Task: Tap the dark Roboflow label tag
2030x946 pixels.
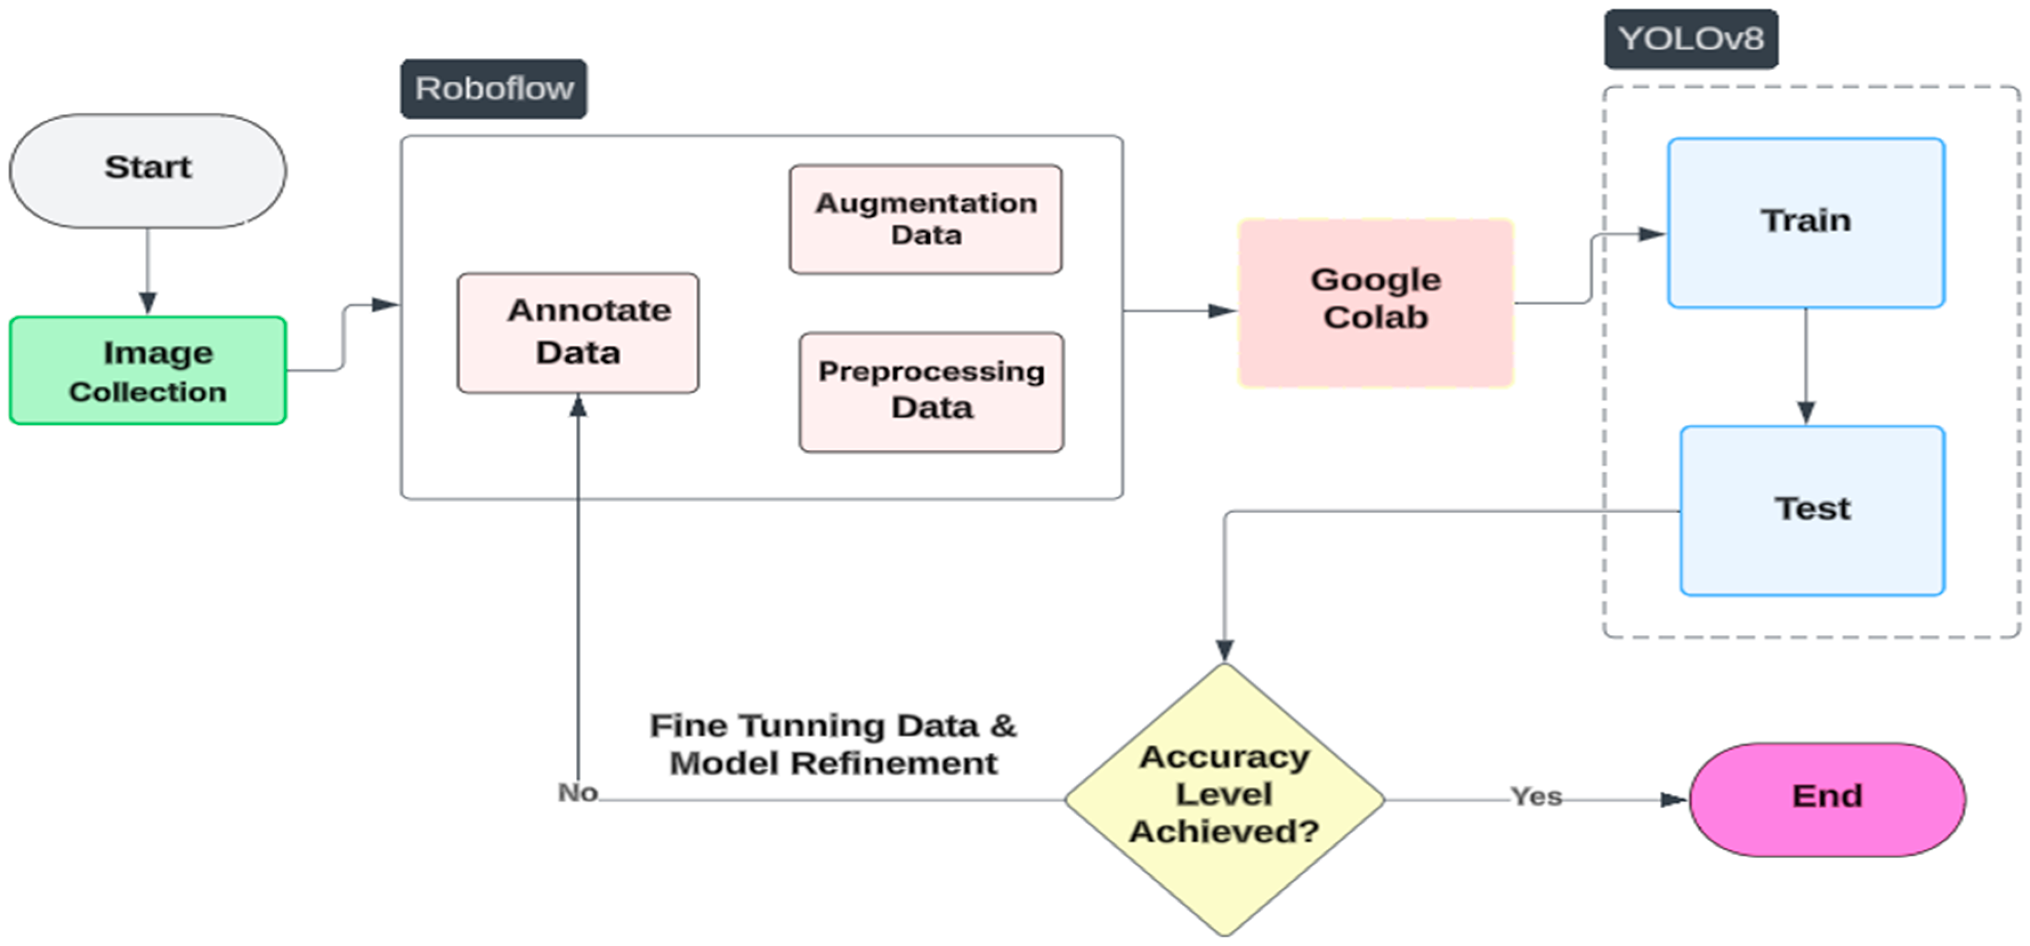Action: [493, 88]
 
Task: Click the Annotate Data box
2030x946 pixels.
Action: [578, 332]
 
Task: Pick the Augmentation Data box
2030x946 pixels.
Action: [925, 219]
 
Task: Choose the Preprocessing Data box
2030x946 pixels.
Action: [931, 392]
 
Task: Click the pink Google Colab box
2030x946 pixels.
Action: [1375, 303]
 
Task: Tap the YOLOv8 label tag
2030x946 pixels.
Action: [1691, 39]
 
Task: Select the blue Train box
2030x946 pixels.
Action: [1805, 223]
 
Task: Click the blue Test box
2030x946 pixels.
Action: [1812, 510]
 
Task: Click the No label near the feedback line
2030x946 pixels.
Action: [578, 793]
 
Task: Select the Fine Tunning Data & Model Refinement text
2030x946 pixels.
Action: [832, 744]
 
